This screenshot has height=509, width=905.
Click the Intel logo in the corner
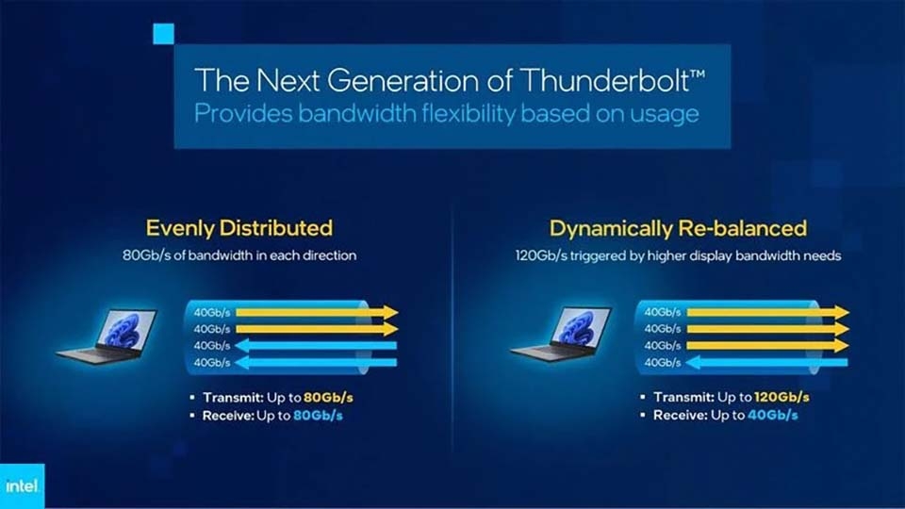[19, 487]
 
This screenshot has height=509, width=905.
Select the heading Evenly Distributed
[239, 228]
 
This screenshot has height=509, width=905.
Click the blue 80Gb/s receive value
[317, 415]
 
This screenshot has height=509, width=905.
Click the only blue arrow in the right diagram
[768, 362]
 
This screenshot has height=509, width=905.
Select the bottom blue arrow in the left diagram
[316, 362]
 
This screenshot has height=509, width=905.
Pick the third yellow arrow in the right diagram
[768, 346]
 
